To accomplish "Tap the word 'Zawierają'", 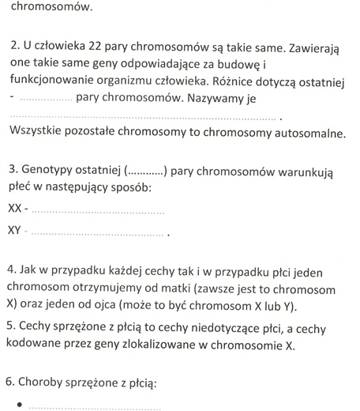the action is point(309,49).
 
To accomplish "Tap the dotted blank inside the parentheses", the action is point(144,171).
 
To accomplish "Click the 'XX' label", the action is point(14,209).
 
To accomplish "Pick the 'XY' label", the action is point(14,231).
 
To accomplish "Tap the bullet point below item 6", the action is point(14,405).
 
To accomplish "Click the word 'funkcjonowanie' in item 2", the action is point(52,84).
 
